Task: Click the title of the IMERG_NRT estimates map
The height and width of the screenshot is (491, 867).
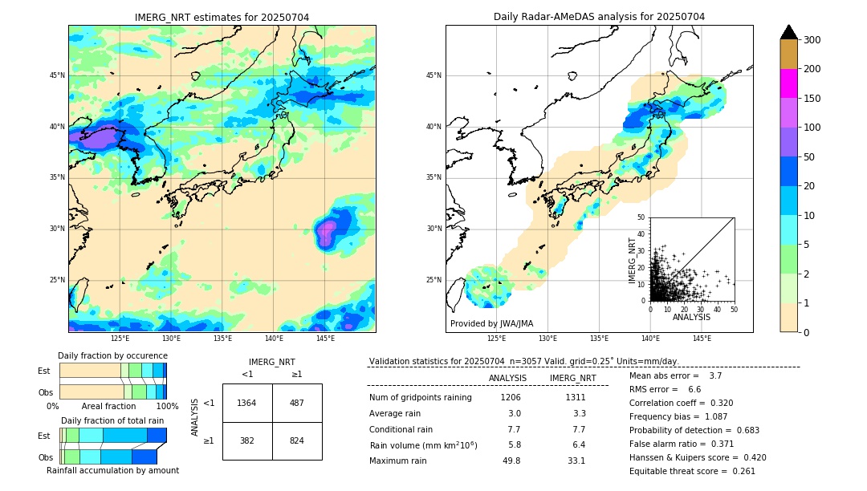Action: pos(222,17)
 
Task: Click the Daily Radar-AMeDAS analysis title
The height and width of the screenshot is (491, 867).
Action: pos(599,17)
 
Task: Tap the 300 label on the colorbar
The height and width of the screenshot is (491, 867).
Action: pos(812,40)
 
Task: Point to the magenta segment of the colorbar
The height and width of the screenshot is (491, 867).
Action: pos(789,84)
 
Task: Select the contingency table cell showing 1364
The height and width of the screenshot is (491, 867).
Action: pos(246,403)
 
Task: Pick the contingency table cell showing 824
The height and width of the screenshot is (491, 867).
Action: pos(297,440)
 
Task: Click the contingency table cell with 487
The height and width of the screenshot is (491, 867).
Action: pos(297,403)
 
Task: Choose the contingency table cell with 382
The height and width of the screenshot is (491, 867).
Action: pos(246,440)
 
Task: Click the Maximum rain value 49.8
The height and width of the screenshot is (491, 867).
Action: pos(511,461)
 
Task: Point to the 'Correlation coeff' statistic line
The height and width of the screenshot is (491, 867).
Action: pos(681,403)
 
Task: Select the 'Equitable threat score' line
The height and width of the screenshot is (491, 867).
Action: pos(692,471)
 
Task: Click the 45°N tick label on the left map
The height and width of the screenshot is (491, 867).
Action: pos(57,75)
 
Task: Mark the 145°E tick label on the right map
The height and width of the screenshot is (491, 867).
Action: pos(702,339)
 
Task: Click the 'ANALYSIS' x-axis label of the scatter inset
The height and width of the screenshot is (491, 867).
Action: pos(691,317)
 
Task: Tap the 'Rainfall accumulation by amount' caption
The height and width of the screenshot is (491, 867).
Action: pos(112,470)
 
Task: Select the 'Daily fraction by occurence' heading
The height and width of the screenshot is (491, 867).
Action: pos(112,355)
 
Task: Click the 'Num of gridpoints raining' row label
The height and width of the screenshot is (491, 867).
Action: pos(421,397)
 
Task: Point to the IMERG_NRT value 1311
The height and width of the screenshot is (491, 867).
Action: pos(575,397)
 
